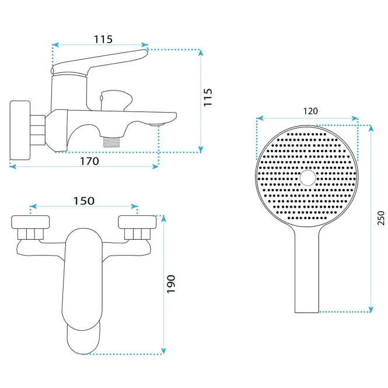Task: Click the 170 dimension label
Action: point(89,162)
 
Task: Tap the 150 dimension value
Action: point(84,201)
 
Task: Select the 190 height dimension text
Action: point(171,284)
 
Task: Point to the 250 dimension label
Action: point(381,218)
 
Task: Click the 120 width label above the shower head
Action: point(310,111)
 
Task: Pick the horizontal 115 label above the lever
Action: point(103,39)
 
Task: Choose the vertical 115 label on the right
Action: point(208,97)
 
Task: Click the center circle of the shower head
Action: point(308,178)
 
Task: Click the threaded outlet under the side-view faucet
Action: point(111,141)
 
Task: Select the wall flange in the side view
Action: point(20,130)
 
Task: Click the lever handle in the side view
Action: point(99,62)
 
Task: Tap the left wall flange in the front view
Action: point(30,222)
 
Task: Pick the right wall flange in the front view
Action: point(137,222)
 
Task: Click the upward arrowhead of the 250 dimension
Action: point(370,128)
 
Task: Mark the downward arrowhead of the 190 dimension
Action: point(163,351)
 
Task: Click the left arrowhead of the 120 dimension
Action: point(260,118)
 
